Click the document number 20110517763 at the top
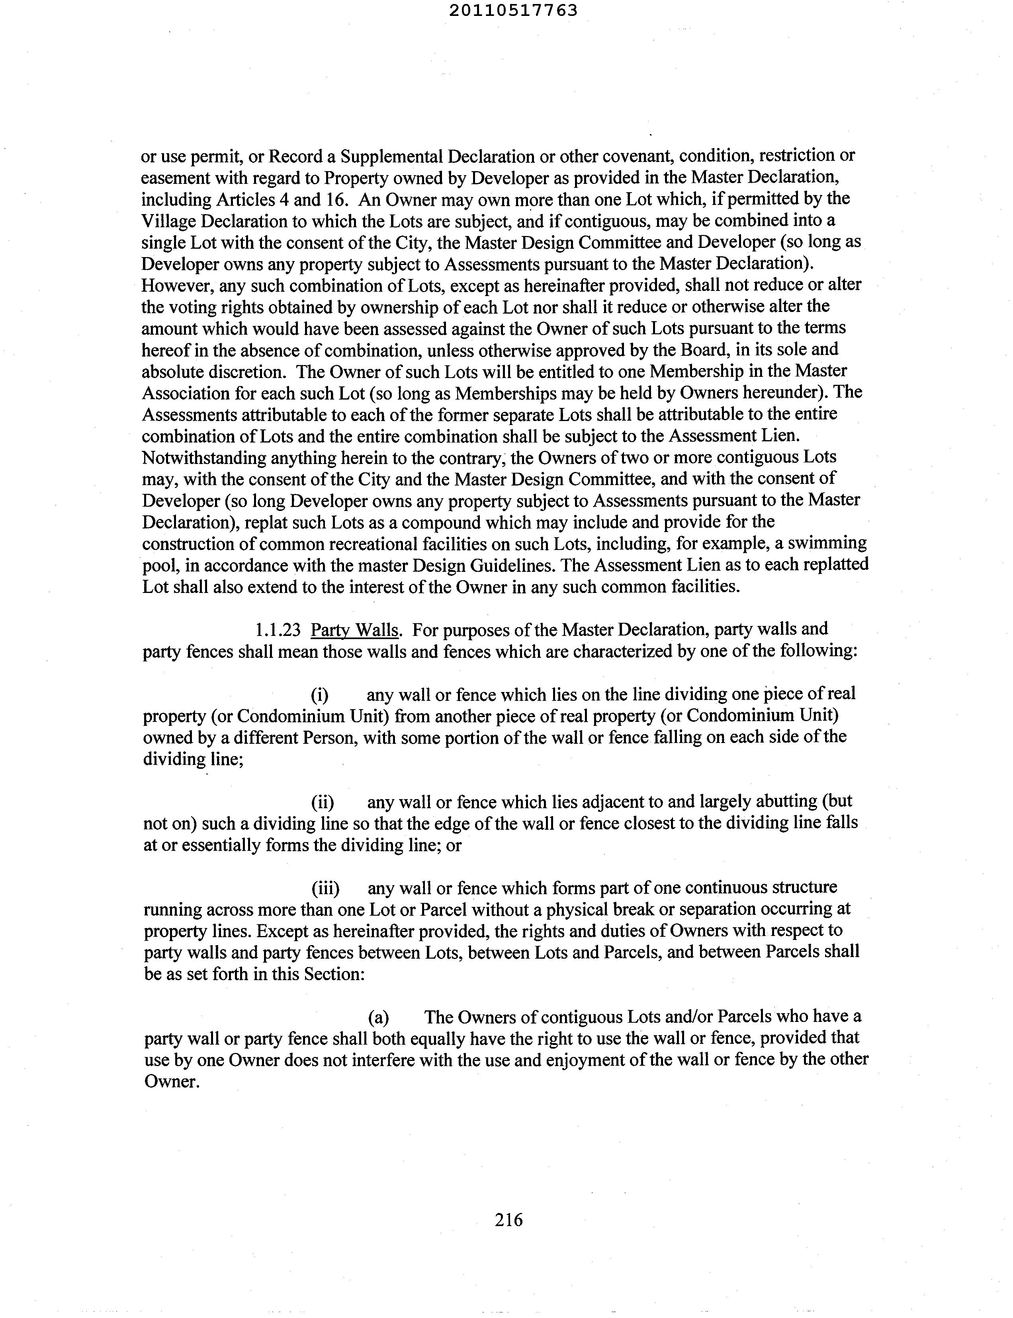[x=513, y=11]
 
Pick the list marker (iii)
[x=325, y=888]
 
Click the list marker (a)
[x=378, y=1017]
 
